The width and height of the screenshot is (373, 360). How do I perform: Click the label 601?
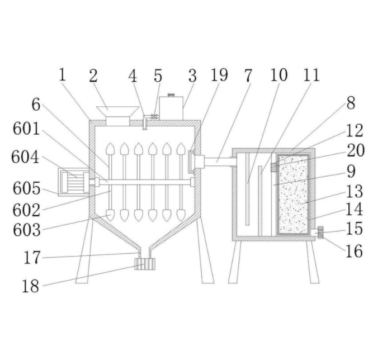point(27,130)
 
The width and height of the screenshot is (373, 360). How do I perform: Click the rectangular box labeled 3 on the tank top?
point(171,108)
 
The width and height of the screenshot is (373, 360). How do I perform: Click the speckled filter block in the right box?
point(292,193)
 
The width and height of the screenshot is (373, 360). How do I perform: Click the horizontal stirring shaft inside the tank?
point(145,182)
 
